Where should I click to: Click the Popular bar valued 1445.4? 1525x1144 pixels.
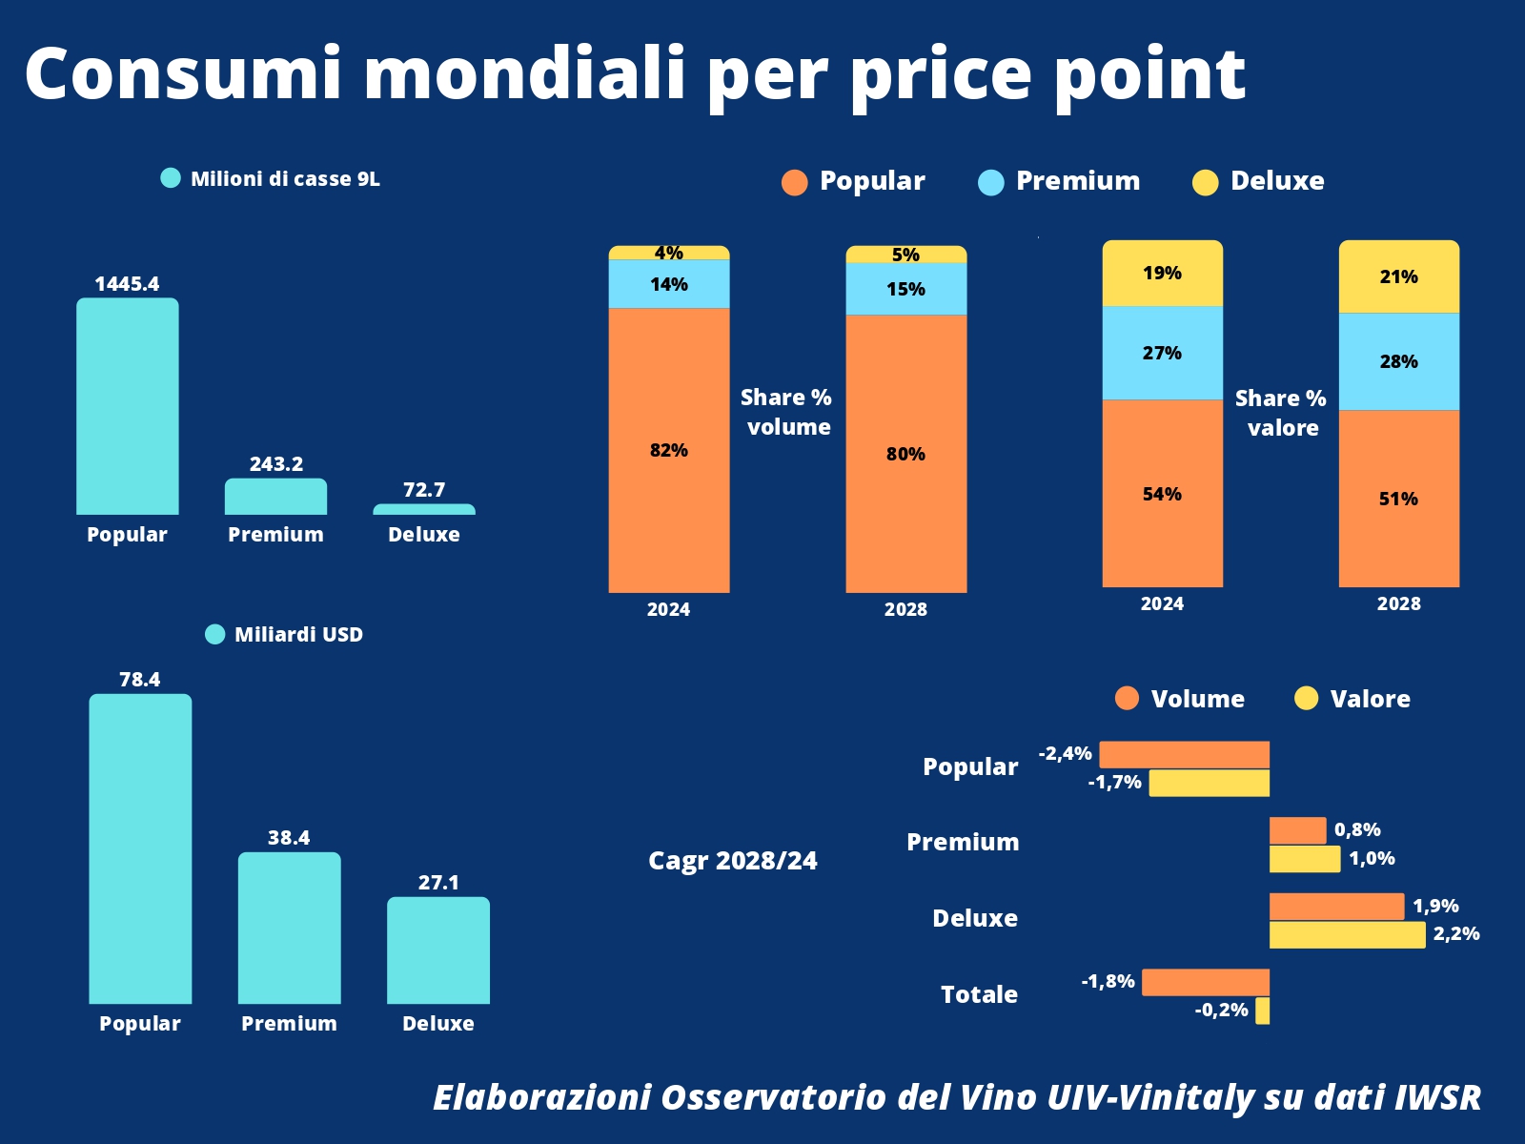pos(127,407)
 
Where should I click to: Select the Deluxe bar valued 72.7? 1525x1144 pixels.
pos(424,510)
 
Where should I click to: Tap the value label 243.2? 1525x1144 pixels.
pos(276,464)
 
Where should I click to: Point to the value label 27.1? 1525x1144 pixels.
pos(438,883)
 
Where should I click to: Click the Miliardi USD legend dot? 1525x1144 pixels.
pos(215,634)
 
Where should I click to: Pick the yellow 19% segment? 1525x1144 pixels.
pos(1162,274)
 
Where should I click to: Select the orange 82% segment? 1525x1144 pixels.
pos(668,450)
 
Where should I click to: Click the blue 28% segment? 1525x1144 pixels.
pos(1398,361)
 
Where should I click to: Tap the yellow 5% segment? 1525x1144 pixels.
pos(905,255)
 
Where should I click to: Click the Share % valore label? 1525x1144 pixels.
pos(1281,413)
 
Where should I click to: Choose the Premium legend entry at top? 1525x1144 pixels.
pos(1059,181)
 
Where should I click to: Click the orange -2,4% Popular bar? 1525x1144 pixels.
pos(1184,754)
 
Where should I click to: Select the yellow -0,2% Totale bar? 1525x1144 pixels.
pos(1262,1011)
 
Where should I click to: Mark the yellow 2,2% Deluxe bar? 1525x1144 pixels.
pos(1347,934)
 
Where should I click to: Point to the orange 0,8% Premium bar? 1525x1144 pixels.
pos(1297,830)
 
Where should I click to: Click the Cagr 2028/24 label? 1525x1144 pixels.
pos(732,861)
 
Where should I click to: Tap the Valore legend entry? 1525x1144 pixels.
pos(1352,699)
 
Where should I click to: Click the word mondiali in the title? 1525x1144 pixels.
pos(524,73)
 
